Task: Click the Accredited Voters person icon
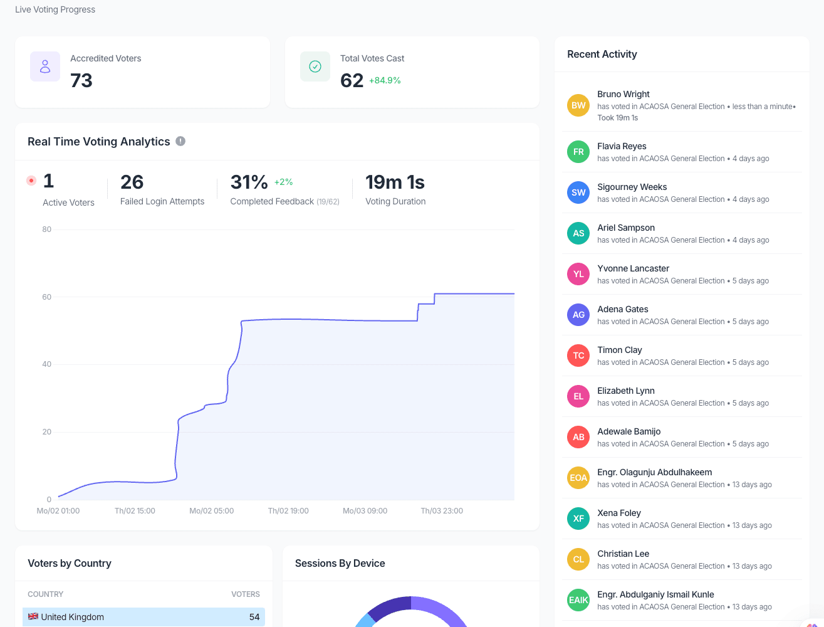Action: [x=45, y=66]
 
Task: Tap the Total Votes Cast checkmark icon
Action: [x=315, y=66]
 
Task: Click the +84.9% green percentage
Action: [x=385, y=80]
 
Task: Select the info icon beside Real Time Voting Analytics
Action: [x=180, y=141]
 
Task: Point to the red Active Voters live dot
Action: [x=31, y=181]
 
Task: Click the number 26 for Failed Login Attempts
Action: [x=132, y=182]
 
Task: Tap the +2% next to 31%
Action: [x=283, y=182]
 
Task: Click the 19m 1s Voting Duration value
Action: [x=395, y=182]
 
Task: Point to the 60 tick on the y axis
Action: [x=47, y=297]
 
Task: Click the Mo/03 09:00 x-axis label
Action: [x=365, y=511]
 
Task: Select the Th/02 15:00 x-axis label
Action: [x=135, y=511]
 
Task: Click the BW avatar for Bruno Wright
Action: [x=578, y=105]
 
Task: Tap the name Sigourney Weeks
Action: [x=632, y=187]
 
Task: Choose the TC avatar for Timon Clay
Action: [x=578, y=356]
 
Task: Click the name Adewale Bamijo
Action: [x=628, y=431]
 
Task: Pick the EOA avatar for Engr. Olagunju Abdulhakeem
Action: [x=578, y=478]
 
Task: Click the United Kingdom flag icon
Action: [x=33, y=617]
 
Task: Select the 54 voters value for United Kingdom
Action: [x=254, y=617]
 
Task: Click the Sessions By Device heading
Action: [x=340, y=563]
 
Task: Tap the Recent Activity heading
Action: [x=602, y=54]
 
